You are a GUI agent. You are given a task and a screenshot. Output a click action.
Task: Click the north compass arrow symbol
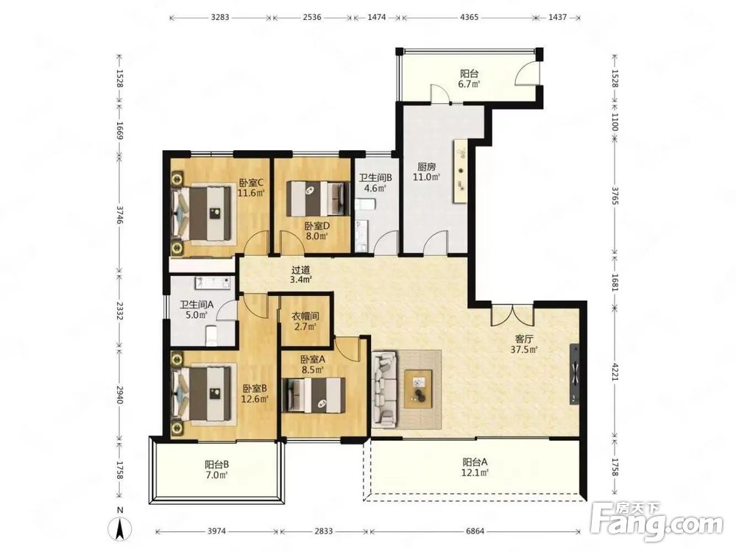(121, 530)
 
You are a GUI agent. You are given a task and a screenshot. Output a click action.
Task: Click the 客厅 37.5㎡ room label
(524, 344)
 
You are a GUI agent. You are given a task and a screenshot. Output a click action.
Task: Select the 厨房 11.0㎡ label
(426, 171)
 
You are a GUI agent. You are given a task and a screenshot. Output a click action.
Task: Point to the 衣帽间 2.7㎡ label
(305, 322)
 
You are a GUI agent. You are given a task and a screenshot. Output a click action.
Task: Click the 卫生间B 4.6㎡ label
(375, 183)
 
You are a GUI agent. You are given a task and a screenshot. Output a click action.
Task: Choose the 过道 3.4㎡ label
(301, 275)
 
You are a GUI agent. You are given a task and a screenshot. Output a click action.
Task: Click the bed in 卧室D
(319, 199)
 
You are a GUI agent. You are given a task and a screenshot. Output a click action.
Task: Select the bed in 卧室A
(313, 394)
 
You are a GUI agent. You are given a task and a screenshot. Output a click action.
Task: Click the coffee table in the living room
(418, 388)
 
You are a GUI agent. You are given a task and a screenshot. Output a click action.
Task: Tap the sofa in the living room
(385, 389)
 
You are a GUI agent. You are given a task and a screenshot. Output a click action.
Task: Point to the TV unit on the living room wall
(575, 374)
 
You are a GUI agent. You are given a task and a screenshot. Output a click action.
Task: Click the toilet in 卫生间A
(212, 335)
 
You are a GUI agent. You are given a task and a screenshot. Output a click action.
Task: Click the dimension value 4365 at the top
(470, 18)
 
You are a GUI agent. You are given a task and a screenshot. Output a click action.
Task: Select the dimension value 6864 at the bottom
(475, 531)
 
